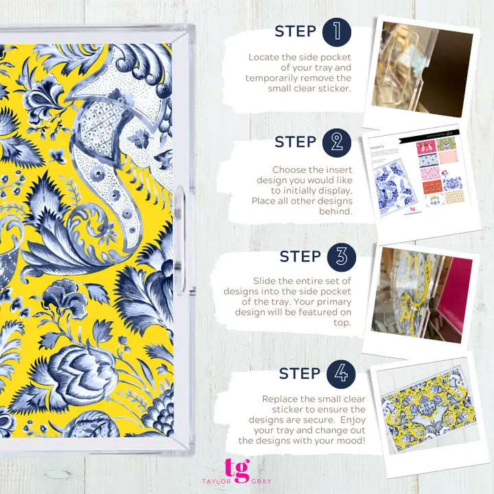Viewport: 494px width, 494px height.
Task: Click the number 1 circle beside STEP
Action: [336, 32]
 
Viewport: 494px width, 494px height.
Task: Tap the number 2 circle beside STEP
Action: [336, 142]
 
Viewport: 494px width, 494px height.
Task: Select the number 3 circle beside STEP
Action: [341, 257]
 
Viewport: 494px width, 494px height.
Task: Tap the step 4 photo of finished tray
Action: [425, 410]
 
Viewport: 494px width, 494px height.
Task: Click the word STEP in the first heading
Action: [295, 32]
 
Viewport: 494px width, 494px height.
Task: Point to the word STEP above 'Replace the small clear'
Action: [300, 374]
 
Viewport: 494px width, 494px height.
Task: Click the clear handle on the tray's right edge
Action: [180, 214]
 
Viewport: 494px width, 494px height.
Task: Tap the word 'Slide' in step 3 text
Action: [266, 281]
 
